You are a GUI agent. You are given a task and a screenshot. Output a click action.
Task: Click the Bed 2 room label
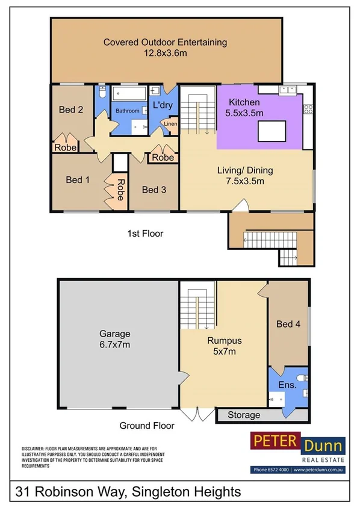[x=70, y=110]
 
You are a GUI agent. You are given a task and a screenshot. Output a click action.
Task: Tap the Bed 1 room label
[x=77, y=179]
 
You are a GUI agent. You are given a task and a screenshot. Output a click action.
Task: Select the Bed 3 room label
[x=154, y=190]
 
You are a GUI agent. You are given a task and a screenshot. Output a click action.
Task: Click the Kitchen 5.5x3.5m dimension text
[x=244, y=113]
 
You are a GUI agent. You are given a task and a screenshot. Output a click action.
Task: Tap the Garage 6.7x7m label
[x=115, y=339]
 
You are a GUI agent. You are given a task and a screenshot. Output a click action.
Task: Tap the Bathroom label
[x=128, y=111]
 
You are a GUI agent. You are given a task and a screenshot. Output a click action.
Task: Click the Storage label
[x=244, y=415]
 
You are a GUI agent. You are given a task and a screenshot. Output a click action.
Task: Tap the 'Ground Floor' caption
[x=146, y=426]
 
